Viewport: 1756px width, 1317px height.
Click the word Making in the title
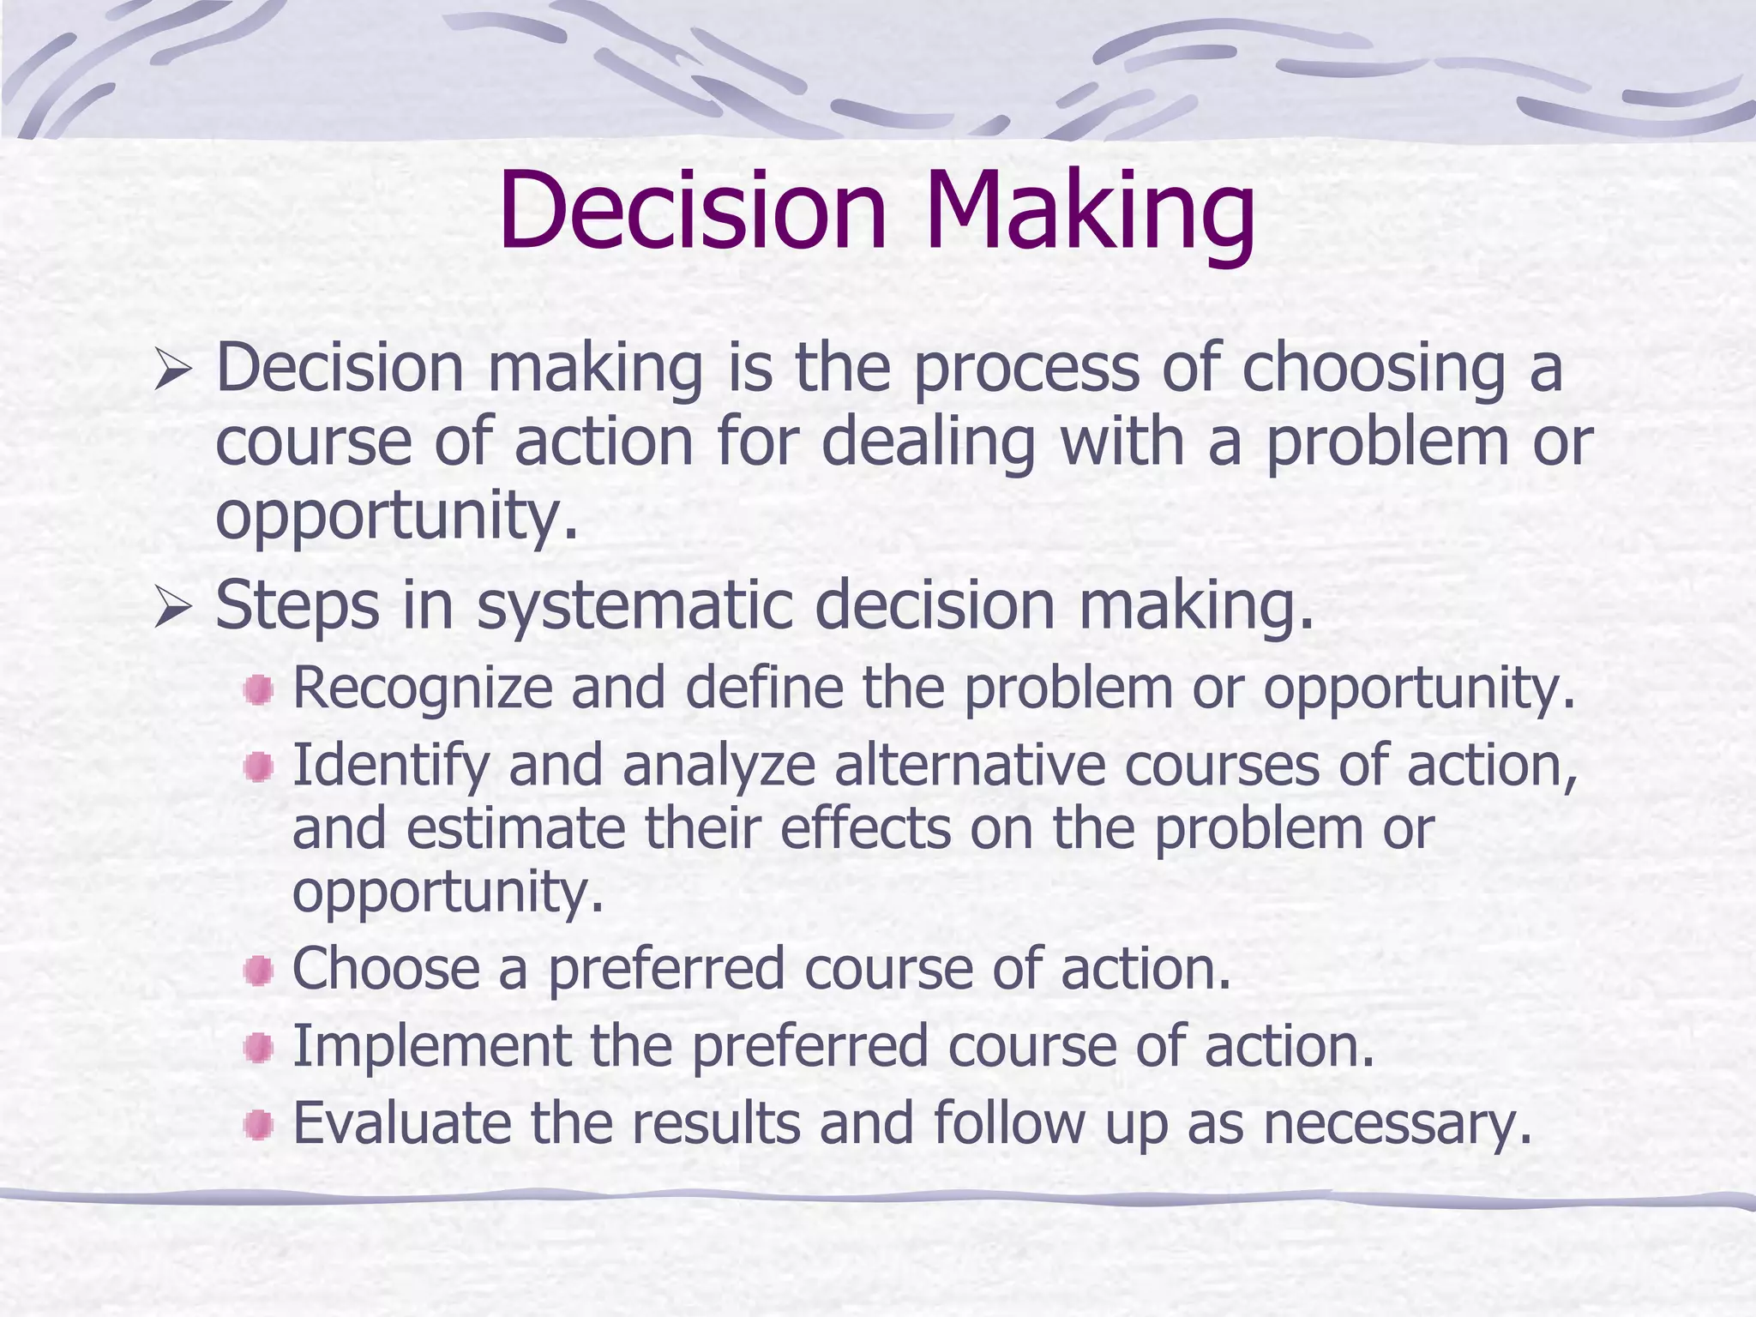pos(1089,212)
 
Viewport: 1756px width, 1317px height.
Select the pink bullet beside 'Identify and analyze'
pos(258,767)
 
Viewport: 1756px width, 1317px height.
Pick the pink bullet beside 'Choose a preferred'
pos(258,971)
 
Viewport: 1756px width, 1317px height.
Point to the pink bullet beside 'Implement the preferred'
pos(258,1048)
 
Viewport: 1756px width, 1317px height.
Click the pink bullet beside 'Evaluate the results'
pos(258,1124)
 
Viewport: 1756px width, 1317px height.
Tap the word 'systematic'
pos(634,605)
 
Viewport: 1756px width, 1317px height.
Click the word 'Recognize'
pos(423,689)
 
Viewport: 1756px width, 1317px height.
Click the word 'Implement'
pos(432,1046)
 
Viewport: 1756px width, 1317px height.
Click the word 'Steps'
pos(297,607)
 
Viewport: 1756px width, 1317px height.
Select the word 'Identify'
pos(390,767)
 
